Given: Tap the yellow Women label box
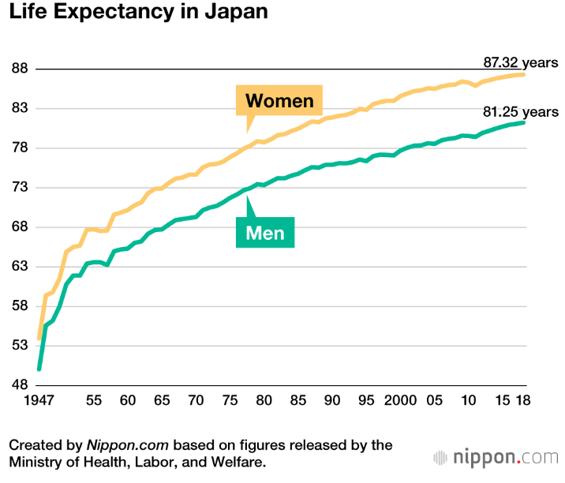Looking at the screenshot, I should tap(279, 101).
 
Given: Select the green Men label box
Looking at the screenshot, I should tap(265, 233).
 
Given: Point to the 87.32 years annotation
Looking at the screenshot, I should tap(521, 62).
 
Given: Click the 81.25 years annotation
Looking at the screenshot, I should tap(521, 112).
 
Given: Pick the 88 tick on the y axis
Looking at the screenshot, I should tap(19, 69).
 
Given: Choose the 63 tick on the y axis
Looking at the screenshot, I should tap(19, 267).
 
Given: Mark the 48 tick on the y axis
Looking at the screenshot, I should tap(19, 385).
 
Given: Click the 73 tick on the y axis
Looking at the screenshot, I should tap(19, 188).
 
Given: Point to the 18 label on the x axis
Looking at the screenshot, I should tap(522, 400).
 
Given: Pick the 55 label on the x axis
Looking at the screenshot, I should tap(93, 400).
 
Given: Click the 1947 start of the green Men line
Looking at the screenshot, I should tap(39, 369).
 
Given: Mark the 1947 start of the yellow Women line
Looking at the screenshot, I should tap(39, 339).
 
